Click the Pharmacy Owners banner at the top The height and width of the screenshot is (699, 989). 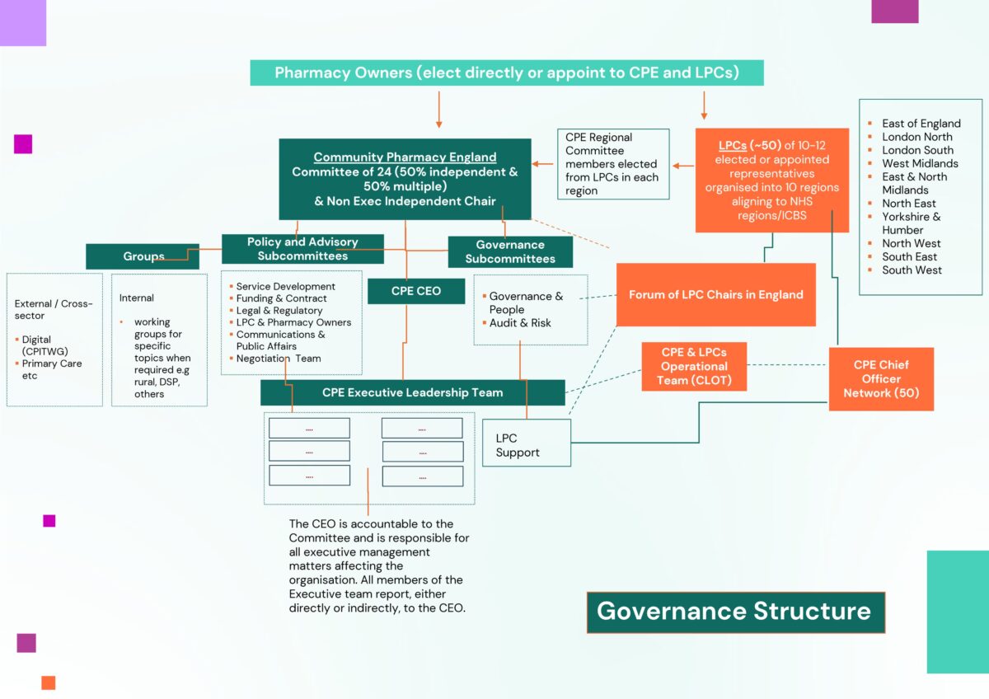pos(506,73)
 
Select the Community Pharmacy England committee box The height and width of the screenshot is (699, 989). pos(405,179)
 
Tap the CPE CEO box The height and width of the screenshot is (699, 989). pos(415,291)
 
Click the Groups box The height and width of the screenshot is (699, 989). pos(143,256)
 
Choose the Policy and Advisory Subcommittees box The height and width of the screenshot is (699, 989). pos(302,249)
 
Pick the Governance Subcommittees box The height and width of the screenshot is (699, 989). pos(510,251)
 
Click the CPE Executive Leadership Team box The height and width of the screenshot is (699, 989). pos(412,392)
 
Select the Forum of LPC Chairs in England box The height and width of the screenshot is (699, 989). pos(715,294)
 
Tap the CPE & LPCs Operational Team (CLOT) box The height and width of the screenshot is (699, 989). pos(694,367)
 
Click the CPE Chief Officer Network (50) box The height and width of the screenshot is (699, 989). pos(880,379)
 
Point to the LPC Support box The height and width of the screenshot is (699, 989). pos(527,445)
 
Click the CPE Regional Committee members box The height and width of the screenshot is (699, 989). pos(612,164)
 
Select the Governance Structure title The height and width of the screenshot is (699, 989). pos(734,612)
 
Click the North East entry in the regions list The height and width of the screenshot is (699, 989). pos(908,204)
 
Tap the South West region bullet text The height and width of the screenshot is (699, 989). pos(912,270)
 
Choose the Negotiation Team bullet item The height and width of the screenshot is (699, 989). pos(279,359)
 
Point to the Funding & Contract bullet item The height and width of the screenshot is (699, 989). pos(282,298)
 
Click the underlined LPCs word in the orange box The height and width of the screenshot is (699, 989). pos(732,145)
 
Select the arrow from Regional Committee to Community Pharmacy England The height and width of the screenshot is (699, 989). pos(544,164)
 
